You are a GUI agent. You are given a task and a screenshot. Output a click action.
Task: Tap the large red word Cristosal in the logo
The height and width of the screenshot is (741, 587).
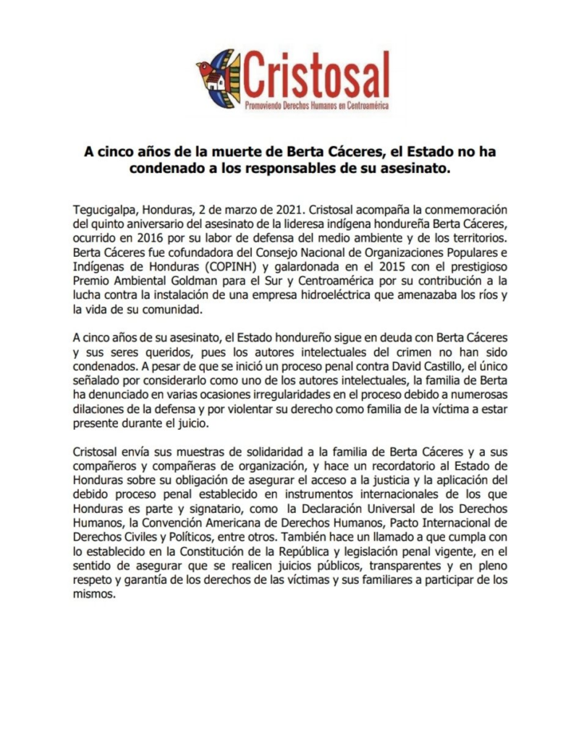[x=317, y=76]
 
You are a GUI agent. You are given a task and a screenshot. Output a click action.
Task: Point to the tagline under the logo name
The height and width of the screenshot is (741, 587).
[x=317, y=106]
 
